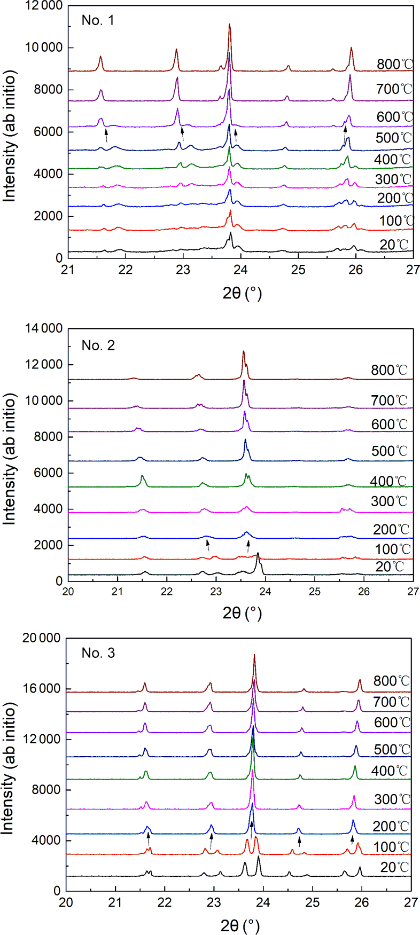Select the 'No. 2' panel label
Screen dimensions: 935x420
98,345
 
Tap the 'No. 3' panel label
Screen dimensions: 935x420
98,653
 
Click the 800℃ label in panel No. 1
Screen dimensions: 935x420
395,65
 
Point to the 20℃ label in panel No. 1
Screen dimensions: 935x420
394,245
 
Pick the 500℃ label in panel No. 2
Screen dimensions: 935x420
389,451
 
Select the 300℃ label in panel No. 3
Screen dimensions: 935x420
392,799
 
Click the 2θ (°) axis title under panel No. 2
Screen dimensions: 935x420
242,613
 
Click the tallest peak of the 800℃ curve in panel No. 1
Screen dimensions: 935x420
229,25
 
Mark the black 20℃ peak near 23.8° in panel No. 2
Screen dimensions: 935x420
258,553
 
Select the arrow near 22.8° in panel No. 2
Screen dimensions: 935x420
207,545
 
